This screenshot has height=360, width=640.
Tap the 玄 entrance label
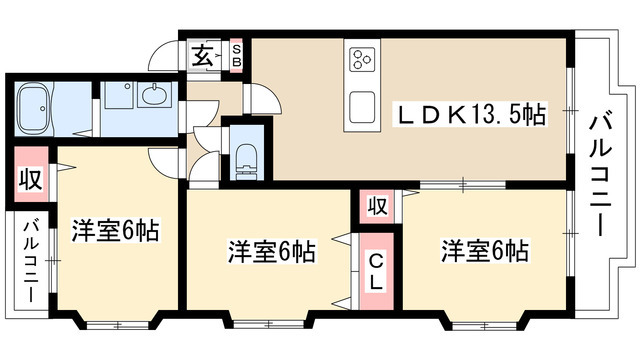[x=202, y=56]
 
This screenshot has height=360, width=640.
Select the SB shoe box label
[x=236, y=55]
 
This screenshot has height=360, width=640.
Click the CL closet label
[x=376, y=271]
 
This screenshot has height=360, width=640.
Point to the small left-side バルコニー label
[x=31, y=262]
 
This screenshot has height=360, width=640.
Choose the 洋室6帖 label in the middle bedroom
[x=271, y=251]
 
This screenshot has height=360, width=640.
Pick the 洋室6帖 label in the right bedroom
[x=485, y=250]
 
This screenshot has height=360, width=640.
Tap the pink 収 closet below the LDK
[x=376, y=207]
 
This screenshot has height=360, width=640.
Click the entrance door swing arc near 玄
[x=164, y=58]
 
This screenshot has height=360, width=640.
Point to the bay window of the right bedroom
[x=484, y=322]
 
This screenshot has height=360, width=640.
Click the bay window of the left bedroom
[x=117, y=322]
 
